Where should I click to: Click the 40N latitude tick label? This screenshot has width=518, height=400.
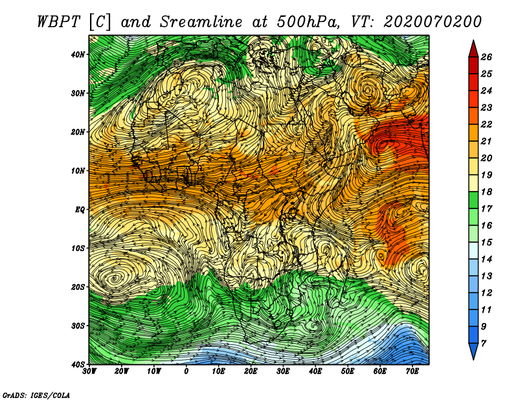coord(78,54)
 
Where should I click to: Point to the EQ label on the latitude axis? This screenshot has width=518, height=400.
coord(80,210)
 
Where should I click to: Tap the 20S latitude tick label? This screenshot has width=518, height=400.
coord(78,287)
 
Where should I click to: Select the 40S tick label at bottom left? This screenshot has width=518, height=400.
coord(78,364)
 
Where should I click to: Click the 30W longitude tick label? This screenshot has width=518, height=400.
coord(89,372)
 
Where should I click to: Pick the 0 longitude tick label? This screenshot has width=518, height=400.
coord(186,372)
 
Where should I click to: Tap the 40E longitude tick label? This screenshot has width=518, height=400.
coord(315,372)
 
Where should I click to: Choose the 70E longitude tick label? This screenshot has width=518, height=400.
coord(412,372)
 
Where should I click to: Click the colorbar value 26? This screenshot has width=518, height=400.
coord(486,57)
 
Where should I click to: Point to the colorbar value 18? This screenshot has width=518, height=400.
coord(486,192)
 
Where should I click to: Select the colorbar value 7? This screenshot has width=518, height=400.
coord(484,344)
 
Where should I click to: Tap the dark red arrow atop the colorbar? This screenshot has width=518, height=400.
coord(473,49)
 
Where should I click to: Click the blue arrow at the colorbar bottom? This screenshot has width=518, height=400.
coord(473,351)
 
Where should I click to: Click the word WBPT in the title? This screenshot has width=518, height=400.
coord(59,22)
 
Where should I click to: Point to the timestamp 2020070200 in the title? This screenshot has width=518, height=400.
coord(432,22)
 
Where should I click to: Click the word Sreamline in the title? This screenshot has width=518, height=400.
coord(201,22)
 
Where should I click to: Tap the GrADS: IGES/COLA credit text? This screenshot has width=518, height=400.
coord(36,395)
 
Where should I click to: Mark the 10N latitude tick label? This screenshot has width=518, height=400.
coord(78,171)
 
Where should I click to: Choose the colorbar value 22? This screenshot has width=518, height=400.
coord(486,124)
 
